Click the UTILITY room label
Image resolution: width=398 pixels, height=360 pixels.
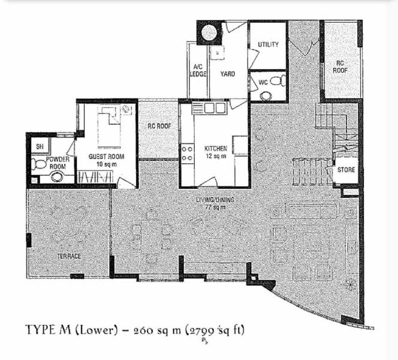(268, 44)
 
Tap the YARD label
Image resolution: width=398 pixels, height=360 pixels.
(227, 74)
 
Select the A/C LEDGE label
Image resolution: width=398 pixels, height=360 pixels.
(198, 70)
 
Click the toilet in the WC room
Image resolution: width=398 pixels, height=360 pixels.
(278, 81)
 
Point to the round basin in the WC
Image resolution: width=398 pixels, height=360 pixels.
(266, 96)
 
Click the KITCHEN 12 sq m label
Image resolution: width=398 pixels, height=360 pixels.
(216, 152)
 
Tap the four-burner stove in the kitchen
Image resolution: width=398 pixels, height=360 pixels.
(187, 154)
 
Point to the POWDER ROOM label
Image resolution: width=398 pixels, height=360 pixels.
(58, 163)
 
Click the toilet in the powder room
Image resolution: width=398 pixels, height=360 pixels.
(38, 164)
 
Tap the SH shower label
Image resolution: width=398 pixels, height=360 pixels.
(40, 146)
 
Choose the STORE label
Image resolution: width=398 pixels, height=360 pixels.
(346, 169)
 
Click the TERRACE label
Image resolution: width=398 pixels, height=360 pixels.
(70, 256)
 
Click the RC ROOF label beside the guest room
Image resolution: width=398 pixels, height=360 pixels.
(159, 126)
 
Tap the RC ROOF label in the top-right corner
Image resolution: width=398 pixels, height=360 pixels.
(340, 67)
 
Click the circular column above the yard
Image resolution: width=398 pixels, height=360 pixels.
(209, 32)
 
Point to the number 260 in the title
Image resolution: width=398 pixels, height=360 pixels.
(143, 331)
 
